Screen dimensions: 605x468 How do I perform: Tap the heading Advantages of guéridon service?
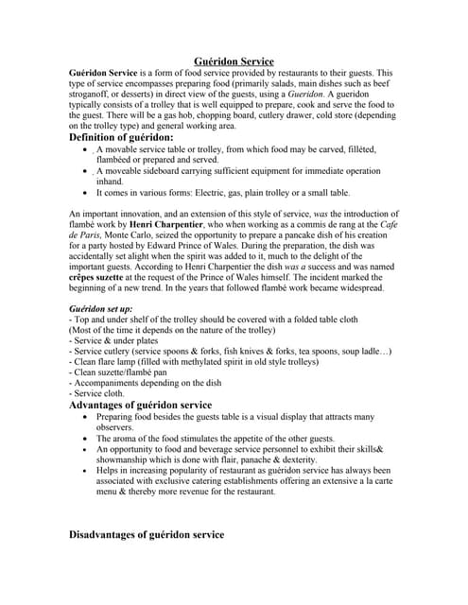[140, 405]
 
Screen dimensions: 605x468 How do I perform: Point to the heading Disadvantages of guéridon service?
[147, 535]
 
